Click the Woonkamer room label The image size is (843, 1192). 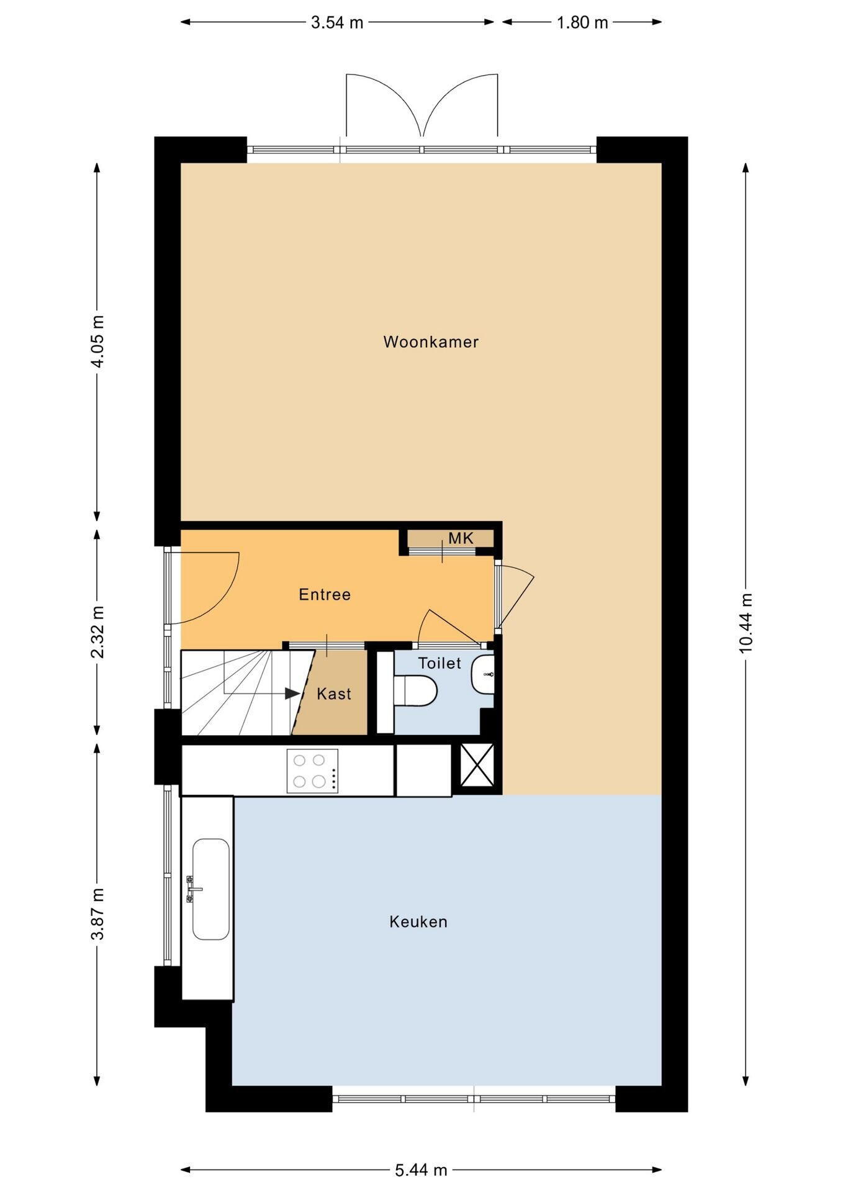click(x=431, y=342)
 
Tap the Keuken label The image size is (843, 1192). click(x=418, y=922)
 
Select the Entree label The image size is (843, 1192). click(x=325, y=595)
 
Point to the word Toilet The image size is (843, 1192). click(x=440, y=663)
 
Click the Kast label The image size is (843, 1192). click(x=334, y=693)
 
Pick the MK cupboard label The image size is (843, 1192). click(x=461, y=538)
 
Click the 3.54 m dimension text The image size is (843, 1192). click(x=337, y=22)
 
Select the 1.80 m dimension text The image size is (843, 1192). click(x=582, y=22)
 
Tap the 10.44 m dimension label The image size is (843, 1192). click(x=746, y=623)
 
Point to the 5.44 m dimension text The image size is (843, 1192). click(x=421, y=1170)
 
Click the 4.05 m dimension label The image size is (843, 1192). click(x=97, y=341)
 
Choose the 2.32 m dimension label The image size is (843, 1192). click(x=97, y=632)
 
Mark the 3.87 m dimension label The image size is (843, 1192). click(x=97, y=914)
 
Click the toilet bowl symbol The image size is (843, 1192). click(x=415, y=692)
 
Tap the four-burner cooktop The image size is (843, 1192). click(x=312, y=770)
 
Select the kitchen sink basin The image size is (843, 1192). click(x=211, y=890)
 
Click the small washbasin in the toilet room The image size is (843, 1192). click(x=484, y=674)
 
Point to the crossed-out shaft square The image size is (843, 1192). click(x=477, y=765)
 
